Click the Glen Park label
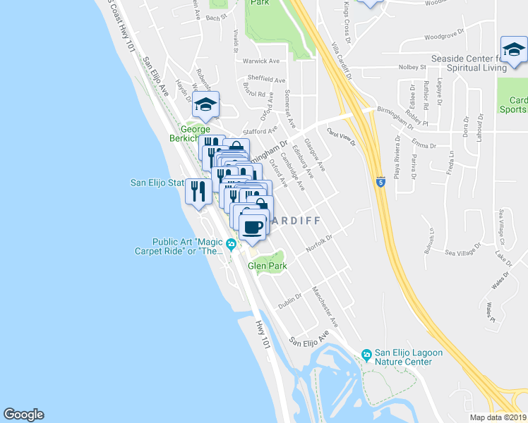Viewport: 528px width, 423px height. point(265,266)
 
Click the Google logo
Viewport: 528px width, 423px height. point(23,415)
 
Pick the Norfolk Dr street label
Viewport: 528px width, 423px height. point(319,244)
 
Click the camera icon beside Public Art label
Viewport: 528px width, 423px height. point(232,245)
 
